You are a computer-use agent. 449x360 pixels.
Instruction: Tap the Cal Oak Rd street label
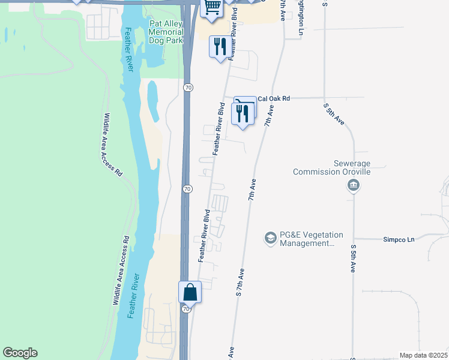[273, 98]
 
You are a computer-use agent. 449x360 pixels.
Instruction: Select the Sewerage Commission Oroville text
[332, 167]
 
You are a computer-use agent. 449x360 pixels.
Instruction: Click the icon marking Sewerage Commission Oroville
[353, 186]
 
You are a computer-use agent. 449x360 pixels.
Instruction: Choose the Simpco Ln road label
[399, 239]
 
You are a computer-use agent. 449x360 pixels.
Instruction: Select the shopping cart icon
[211, 7]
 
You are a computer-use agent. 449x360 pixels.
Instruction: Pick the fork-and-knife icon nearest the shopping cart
[219, 46]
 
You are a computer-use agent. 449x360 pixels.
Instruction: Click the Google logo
[20, 353]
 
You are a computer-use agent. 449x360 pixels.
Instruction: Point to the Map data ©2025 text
[423, 355]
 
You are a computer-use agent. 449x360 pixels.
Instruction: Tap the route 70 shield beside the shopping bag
[187, 309]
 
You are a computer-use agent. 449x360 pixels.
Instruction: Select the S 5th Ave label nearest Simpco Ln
[354, 259]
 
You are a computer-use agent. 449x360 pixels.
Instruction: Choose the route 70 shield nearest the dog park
[188, 88]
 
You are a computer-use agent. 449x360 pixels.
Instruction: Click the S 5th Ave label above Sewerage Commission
[334, 114]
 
